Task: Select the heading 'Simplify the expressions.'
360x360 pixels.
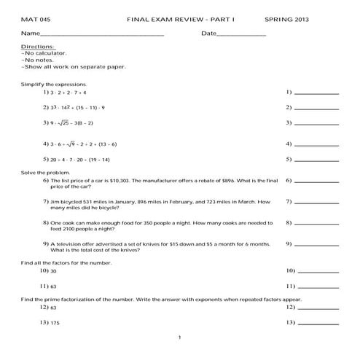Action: click(x=53, y=85)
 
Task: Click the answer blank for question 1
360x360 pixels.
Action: click(x=316, y=94)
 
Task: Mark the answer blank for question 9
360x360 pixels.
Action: click(x=316, y=245)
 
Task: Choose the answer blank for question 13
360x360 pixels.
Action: click(x=316, y=323)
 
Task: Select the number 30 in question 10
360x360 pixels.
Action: click(x=54, y=270)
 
